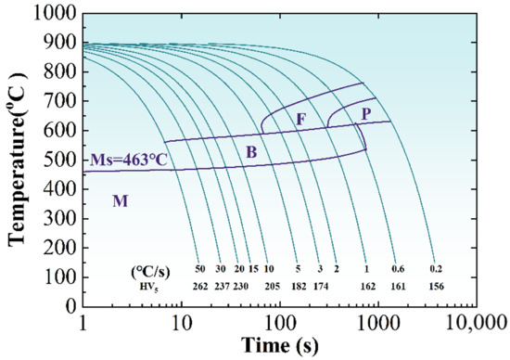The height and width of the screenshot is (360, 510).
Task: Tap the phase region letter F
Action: coord(300,120)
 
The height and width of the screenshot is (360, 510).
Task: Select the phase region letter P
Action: coord(364,114)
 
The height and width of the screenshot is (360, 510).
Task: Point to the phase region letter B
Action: coord(249,151)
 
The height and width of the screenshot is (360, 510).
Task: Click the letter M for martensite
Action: coord(120,200)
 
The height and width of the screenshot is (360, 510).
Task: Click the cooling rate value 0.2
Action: coord(436,270)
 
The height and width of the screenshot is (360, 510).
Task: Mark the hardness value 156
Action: coord(436,287)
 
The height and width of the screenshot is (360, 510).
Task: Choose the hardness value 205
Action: coord(271,287)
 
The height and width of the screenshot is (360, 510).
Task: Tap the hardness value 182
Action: coord(298,287)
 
